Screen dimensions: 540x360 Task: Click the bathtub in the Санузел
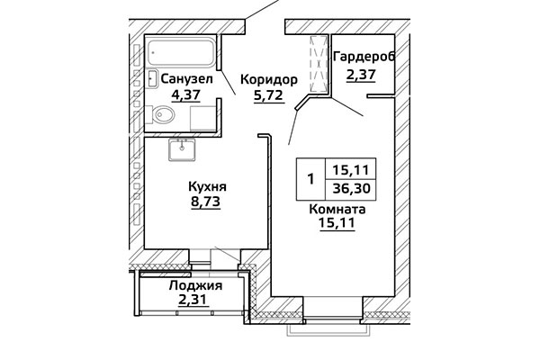pos(181,52)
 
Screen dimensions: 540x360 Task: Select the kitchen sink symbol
pos(182,149)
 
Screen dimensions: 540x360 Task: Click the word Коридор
pos(268,79)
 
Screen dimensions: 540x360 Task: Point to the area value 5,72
pos(268,94)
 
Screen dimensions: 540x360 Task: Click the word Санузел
pos(186,79)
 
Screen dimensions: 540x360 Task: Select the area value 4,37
pos(186,94)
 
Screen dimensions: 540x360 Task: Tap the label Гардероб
pos(364,57)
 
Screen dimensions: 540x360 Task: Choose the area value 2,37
pos(361,74)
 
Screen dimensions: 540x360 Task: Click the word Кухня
pos(207,186)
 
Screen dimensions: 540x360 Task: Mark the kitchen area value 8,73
pos(205,202)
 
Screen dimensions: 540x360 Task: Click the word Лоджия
pos(195,285)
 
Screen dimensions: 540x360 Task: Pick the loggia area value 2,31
pos(193,300)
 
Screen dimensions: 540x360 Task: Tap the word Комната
pos(337,209)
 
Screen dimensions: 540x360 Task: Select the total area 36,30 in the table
pos(351,188)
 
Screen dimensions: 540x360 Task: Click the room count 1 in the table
pos(311,179)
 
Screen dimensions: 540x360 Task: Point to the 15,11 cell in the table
pos(351,169)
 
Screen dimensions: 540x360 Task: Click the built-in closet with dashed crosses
pos(319,64)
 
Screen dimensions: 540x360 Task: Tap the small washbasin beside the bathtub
pos(152,78)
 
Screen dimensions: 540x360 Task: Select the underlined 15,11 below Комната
pos(337,223)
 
